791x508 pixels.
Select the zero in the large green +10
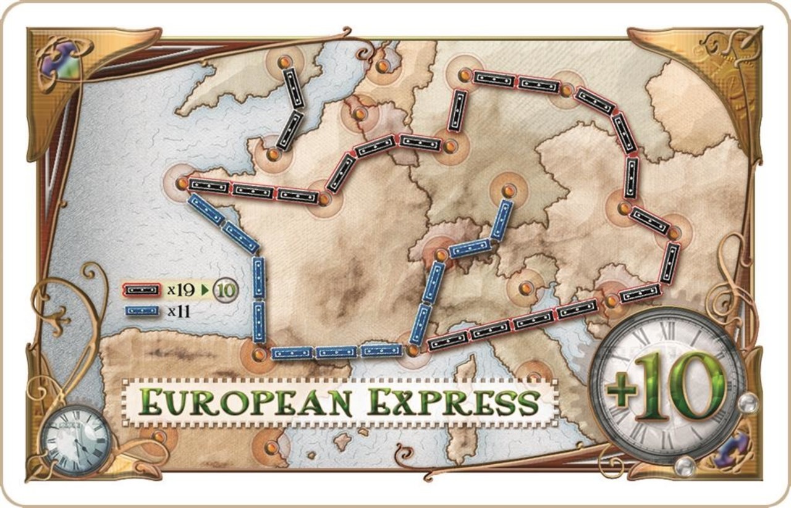click(x=702, y=377)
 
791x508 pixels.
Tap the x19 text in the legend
click(x=180, y=288)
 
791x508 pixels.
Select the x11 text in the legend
click(x=179, y=310)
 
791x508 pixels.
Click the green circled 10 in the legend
click(x=226, y=288)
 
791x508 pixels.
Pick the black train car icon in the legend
click(x=142, y=289)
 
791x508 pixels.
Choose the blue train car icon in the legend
click(x=142, y=310)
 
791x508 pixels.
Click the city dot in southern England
click(x=284, y=62)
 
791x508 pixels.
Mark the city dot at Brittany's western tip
click(x=182, y=183)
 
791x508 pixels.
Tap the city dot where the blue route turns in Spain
click(x=259, y=354)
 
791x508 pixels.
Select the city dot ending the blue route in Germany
click(x=509, y=191)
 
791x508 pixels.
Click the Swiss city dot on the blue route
click(x=441, y=254)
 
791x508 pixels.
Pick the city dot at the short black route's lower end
click(x=271, y=152)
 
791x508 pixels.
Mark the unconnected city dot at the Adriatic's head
click(x=525, y=288)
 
